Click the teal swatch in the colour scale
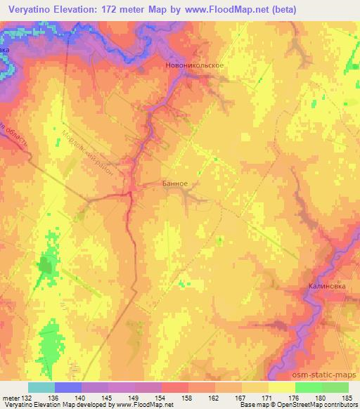coord(41,387)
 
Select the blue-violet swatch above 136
coord(67,387)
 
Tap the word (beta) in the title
coord(281,9)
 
